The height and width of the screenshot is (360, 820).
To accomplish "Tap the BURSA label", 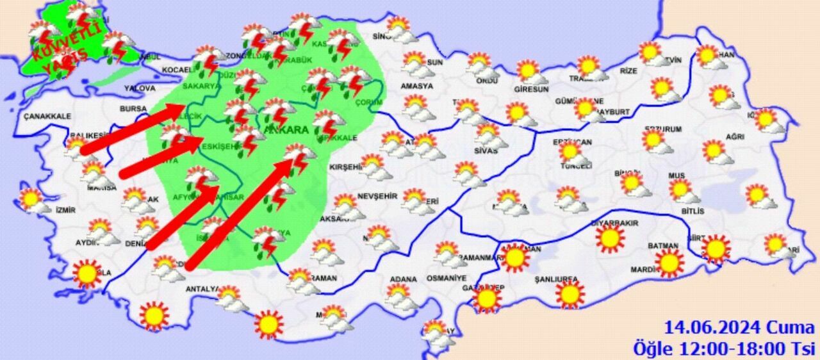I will (133, 109).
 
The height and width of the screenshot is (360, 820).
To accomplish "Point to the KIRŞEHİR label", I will (346, 167).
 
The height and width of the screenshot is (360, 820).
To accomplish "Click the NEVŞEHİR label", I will (378, 195).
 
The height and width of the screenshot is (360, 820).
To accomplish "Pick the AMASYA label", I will (416, 86).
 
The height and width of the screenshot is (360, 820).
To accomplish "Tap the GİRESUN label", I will (527, 90).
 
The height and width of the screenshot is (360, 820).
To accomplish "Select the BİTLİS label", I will (693, 211).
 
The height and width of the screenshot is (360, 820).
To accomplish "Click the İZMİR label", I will (65, 209).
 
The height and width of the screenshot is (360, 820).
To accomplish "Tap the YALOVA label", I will (140, 88).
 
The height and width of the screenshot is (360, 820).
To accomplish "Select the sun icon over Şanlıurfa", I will (570, 295).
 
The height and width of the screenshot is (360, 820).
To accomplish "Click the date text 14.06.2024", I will (710, 329).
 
